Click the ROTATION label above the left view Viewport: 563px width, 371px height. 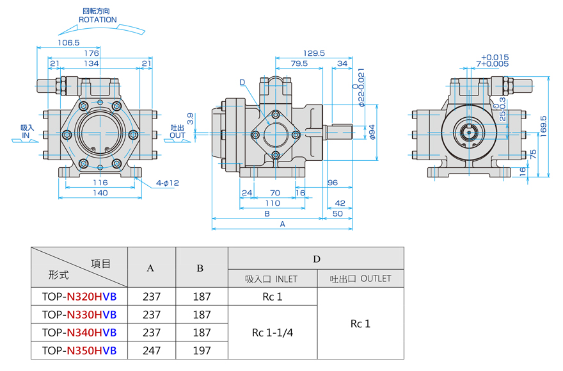click(98, 20)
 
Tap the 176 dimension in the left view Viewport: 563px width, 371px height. click(91, 53)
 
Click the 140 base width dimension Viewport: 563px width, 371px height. click(100, 193)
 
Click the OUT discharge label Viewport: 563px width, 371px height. click(177, 135)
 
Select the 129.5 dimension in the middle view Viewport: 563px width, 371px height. click(314, 53)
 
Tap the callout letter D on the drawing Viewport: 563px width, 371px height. click(242, 82)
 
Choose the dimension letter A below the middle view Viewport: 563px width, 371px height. click(282, 224)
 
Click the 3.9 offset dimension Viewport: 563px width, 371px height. click(190, 119)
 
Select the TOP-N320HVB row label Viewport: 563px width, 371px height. click(79, 297)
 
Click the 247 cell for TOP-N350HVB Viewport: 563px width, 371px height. click(152, 350)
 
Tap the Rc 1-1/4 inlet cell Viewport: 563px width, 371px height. click(272, 333)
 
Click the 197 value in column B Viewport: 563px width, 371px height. click(202, 350)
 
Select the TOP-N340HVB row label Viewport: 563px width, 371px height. click(79, 333)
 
